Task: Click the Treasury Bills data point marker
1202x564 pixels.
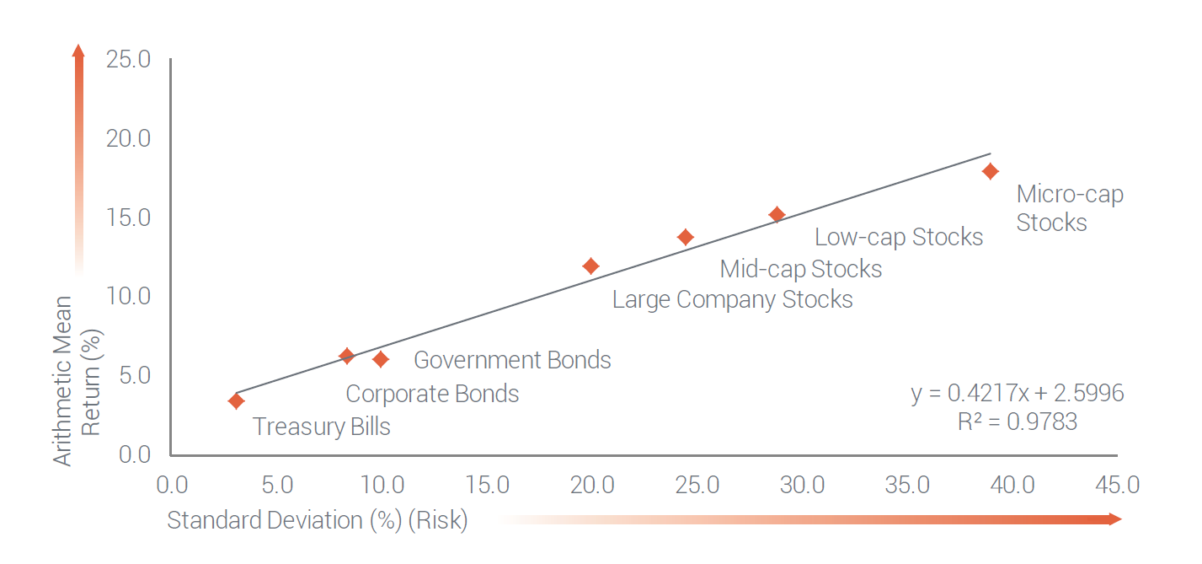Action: (x=237, y=400)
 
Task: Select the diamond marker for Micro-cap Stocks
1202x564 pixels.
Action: (x=991, y=171)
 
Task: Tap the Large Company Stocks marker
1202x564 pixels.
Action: (x=590, y=266)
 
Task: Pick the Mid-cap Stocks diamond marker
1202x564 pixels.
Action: (x=686, y=237)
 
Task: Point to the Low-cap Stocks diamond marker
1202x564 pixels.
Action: (x=777, y=214)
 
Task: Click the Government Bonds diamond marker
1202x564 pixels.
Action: (x=381, y=359)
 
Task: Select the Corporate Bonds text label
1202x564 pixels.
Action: (x=432, y=394)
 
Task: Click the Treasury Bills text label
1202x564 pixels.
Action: (x=321, y=427)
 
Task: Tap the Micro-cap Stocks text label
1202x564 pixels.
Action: (x=1069, y=208)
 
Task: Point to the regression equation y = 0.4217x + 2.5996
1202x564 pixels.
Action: (x=1017, y=393)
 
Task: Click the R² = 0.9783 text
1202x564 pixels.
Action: (x=1017, y=422)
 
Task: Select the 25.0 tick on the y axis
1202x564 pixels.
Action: (x=129, y=60)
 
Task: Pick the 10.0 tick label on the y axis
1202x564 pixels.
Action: (x=129, y=296)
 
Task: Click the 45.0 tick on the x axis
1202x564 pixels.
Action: (x=1117, y=485)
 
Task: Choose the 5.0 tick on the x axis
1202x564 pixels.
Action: (x=277, y=485)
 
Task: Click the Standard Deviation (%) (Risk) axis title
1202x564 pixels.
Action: (x=317, y=520)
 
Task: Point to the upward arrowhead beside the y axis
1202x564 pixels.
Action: (x=78, y=51)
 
